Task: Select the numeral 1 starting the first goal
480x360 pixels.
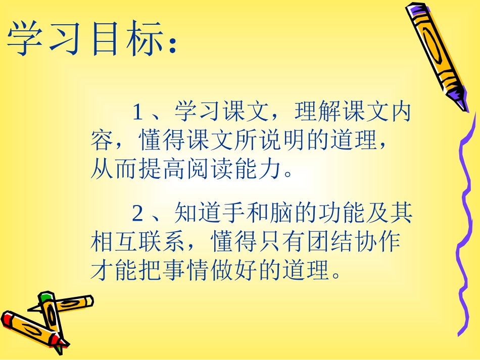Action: [137, 112]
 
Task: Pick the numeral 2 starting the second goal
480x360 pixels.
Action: [137, 214]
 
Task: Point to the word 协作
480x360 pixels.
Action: [378, 243]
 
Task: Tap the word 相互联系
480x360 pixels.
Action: [137, 243]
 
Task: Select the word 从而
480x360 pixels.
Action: [113, 170]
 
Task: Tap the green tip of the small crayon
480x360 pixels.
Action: [47, 295]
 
